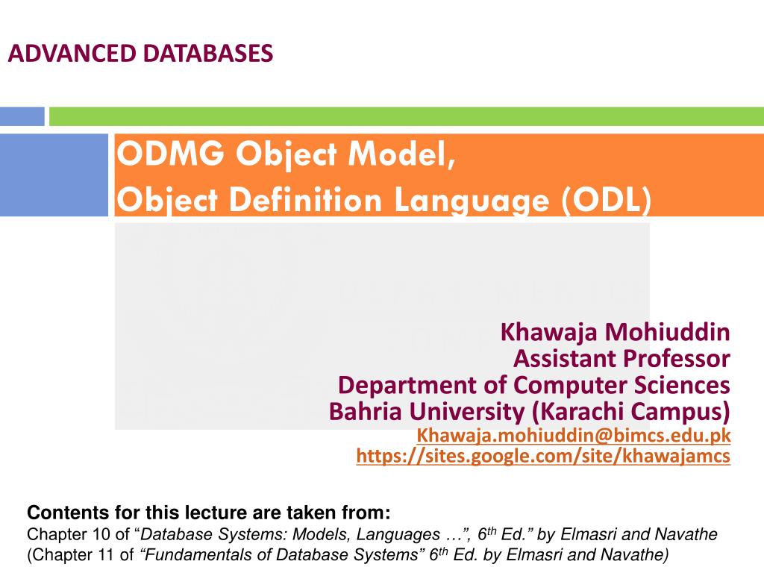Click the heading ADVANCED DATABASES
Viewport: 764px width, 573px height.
point(140,54)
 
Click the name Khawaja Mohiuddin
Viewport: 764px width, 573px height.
point(615,331)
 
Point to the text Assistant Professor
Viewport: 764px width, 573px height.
point(621,359)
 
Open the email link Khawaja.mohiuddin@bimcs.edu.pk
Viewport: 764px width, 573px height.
point(573,435)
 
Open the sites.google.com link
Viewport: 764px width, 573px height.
point(542,457)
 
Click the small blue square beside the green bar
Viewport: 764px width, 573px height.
point(22,116)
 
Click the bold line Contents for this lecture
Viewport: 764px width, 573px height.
point(208,513)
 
